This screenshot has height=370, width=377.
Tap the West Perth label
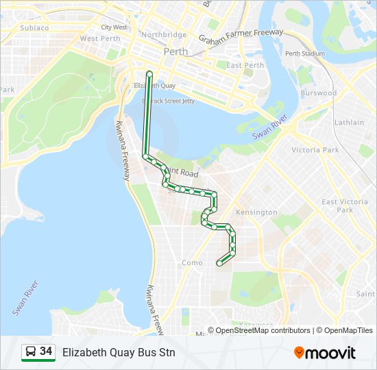[100, 38]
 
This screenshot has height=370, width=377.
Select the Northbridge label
[163, 34]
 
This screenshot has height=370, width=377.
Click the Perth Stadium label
[305, 53]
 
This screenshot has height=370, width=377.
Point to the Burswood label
[318, 92]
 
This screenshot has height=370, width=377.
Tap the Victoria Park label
[315, 149]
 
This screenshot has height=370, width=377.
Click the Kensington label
[256, 212]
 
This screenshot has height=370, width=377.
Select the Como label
[191, 262]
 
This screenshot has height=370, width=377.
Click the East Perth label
[245, 66]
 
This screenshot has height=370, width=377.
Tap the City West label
[114, 27]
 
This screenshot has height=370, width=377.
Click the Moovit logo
[325, 353]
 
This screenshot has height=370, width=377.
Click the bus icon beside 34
[31, 352]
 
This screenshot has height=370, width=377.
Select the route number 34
[46, 351]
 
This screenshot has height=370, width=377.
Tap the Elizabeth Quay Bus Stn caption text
[119, 353]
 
